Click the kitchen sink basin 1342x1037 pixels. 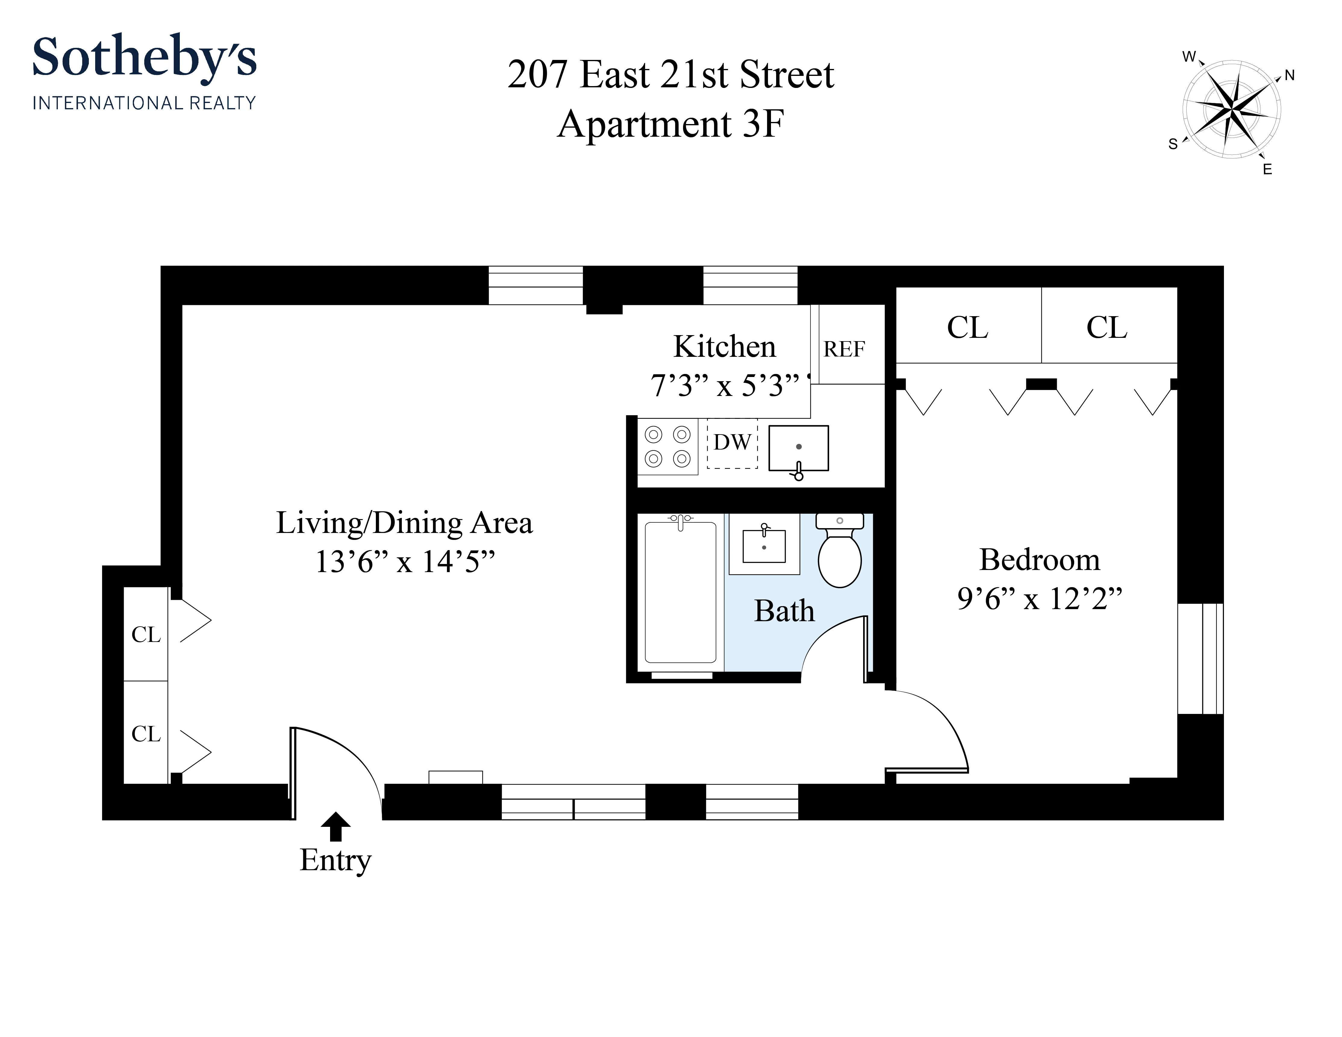tap(798, 448)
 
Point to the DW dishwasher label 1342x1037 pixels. tap(732, 442)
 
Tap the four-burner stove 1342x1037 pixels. tap(667, 447)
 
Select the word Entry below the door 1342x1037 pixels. tap(335, 860)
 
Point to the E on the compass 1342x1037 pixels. tap(1267, 170)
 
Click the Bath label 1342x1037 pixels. tap(784, 611)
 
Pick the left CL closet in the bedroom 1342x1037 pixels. tap(968, 327)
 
